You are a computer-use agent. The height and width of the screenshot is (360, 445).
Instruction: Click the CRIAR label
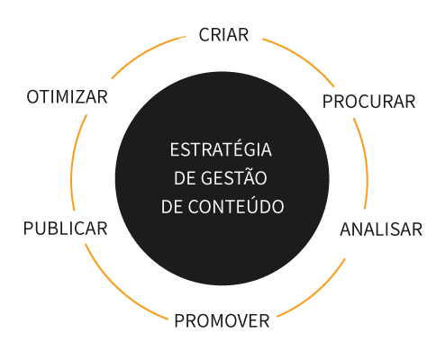(x=223, y=35)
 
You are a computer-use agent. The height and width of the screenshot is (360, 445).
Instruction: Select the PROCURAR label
(x=368, y=102)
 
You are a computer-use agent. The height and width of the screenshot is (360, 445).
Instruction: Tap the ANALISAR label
(x=381, y=229)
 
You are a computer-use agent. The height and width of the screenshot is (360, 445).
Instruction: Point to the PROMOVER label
(x=222, y=320)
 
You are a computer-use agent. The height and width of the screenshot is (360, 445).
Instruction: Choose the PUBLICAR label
(x=66, y=229)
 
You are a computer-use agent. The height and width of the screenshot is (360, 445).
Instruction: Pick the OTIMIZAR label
(x=68, y=97)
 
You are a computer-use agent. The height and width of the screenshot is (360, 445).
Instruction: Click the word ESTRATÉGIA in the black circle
(x=221, y=148)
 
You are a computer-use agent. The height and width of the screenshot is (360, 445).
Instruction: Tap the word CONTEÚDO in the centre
(x=236, y=205)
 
